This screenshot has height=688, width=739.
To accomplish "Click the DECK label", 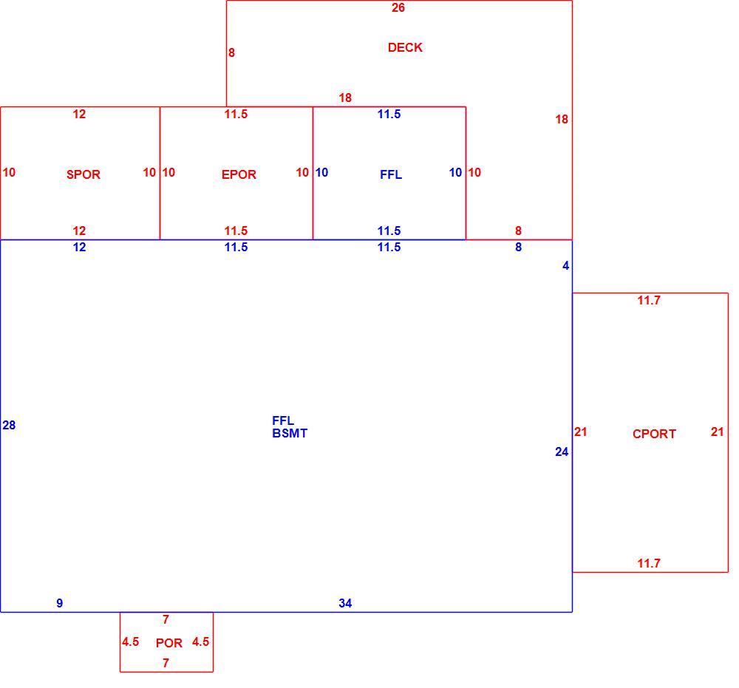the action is (x=405, y=47).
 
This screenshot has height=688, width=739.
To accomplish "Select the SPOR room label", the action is (x=84, y=174).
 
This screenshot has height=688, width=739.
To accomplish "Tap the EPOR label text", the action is (x=239, y=174).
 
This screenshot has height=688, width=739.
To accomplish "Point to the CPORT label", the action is (x=654, y=434).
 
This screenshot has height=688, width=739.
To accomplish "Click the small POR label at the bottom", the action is (x=168, y=643).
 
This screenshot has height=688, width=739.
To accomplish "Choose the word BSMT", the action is (x=290, y=433).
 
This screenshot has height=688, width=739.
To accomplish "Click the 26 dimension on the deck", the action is (x=398, y=7).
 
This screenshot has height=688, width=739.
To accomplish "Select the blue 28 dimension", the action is (x=9, y=425).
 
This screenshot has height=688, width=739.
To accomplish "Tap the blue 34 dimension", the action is (x=345, y=603).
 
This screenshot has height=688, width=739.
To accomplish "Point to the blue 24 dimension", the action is (x=562, y=452).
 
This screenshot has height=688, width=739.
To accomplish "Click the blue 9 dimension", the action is (x=59, y=603).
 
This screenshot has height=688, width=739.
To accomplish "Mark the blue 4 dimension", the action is (x=565, y=266).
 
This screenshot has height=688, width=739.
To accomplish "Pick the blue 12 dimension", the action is (x=79, y=247).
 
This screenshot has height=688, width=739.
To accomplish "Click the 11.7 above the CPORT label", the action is (x=649, y=300).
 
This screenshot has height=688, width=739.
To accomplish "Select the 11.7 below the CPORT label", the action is (x=649, y=563).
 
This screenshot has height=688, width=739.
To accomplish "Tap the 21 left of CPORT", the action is (x=581, y=432).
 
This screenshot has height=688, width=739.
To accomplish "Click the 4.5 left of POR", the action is (x=131, y=642).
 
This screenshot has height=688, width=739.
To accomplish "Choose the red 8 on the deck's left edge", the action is (x=231, y=52).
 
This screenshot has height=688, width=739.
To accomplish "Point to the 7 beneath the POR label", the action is (x=166, y=663).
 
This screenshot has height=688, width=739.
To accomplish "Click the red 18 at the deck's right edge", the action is (x=562, y=119).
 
